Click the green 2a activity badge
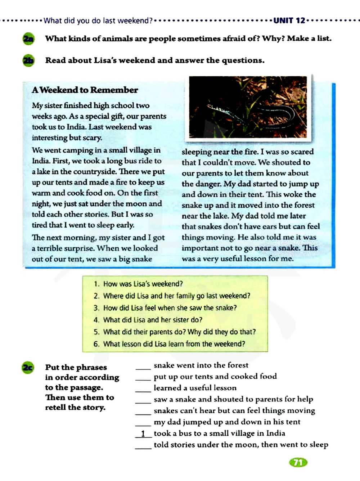(x=28, y=39)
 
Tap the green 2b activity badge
(x=28, y=60)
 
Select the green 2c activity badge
(x=28, y=368)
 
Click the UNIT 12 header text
(x=289, y=21)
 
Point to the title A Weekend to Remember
(x=85, y=90)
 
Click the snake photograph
(x=248, y=107)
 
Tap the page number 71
(x=298, y=462)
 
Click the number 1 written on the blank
(x=143, y=433)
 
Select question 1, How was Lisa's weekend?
(x=139, y=284)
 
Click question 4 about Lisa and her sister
(x=148, y=320)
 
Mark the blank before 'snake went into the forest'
(x=143, y=367)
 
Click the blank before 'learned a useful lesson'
(x=143, y=389)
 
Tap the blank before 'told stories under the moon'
(x=143, y=446)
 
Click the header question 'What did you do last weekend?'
(x=98, y=21)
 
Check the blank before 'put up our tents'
(x=143, y=378)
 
